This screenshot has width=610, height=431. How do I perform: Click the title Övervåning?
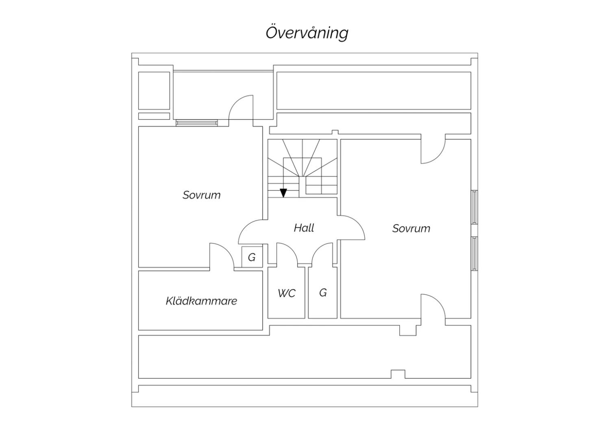[307, 33]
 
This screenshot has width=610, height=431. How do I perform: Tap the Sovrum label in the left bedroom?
[202, 195]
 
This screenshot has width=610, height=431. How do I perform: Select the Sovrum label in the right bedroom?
[411, 229]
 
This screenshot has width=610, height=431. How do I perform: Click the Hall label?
[304, 228]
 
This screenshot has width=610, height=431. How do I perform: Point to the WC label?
[286, 293]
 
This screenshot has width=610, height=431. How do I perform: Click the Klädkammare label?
[202, 301]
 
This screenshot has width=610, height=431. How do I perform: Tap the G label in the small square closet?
[252, 257]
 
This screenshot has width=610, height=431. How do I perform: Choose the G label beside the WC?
[323, 293]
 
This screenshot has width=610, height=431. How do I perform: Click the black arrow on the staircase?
[283, 193]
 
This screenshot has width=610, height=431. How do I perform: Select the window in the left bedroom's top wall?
[196, 123]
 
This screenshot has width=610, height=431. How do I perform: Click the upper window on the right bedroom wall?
[475, 207]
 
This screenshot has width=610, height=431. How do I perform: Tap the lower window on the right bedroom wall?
[475, 253]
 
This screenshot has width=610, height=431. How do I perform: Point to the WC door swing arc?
[292, 248]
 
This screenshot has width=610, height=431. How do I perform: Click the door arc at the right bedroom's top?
[438, 157]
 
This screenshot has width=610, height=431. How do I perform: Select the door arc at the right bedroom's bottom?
[439, 301]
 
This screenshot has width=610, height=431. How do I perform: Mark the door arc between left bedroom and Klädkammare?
[227, 250]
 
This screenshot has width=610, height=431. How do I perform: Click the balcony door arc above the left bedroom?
[235, 102]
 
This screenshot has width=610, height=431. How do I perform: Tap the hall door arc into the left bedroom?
[245, 227]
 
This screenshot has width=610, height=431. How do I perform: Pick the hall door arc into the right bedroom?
[358, 222]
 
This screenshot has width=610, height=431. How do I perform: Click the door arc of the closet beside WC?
[318, 248]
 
